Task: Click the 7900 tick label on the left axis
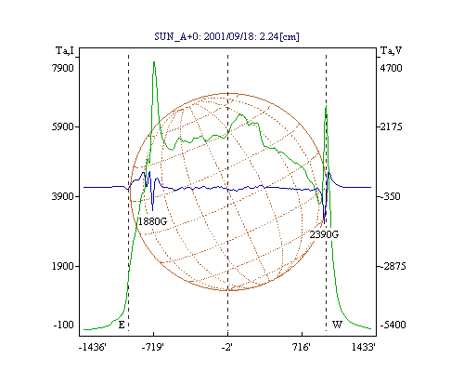(63, 68)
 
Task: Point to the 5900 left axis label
(63, 126)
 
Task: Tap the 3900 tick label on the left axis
(63, 196)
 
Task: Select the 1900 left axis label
(63, 266)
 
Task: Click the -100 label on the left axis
(64, 325)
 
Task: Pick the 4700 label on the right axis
(392, 68)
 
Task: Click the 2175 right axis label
(392, 126)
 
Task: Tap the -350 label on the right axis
(392, 196)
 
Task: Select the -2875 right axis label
(393, 266)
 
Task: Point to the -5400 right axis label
(393, 325)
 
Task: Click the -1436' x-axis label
(93, 347)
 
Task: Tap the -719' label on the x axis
(153, 347)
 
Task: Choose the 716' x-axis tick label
(301, 347)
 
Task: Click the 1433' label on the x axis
(364, 347)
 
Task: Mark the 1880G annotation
(152, 221)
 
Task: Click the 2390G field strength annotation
(324, 234)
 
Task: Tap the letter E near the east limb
(122, 325)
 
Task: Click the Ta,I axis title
(65, 50)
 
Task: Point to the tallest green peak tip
(154, 61)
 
